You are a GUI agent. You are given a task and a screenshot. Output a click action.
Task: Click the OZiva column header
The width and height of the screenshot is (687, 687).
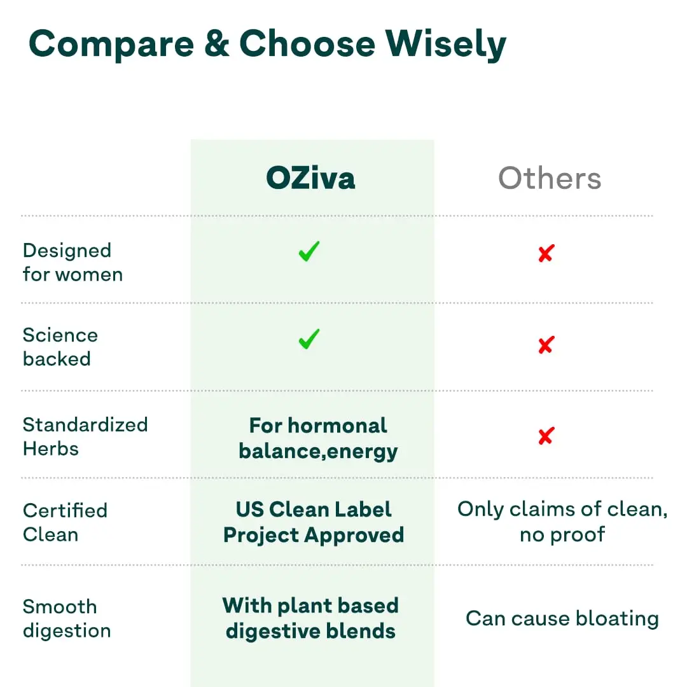310,178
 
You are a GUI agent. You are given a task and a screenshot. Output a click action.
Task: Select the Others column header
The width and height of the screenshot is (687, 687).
550,178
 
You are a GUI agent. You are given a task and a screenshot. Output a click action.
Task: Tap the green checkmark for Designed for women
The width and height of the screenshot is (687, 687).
309,252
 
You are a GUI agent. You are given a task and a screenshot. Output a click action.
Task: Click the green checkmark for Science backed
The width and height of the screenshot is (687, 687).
309,340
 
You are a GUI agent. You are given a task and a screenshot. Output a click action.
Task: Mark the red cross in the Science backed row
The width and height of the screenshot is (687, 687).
545,345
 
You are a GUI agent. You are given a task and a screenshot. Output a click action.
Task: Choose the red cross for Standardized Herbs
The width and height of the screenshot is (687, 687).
545,436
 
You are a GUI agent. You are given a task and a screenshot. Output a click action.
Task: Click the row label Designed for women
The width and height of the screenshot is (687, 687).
73,263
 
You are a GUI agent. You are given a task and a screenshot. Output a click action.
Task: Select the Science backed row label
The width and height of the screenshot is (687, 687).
60,347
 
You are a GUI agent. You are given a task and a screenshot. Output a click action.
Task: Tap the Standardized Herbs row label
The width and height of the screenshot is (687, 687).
85,436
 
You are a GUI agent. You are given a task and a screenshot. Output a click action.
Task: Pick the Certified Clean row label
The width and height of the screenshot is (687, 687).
65,522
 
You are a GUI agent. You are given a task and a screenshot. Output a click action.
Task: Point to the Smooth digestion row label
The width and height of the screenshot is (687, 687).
66,618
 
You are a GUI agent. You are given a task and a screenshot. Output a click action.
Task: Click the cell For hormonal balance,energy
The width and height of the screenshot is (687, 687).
318,438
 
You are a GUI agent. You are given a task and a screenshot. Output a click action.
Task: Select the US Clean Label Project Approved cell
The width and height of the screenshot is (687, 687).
314,522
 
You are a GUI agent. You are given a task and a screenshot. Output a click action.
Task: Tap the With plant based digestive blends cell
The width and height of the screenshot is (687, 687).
310,618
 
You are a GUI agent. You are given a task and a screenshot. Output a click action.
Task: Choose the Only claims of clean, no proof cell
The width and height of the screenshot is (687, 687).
562,522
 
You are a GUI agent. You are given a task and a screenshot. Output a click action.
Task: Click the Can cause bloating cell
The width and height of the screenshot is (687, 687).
562,618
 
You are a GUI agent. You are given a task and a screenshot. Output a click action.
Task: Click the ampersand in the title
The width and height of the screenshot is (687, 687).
216,45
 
